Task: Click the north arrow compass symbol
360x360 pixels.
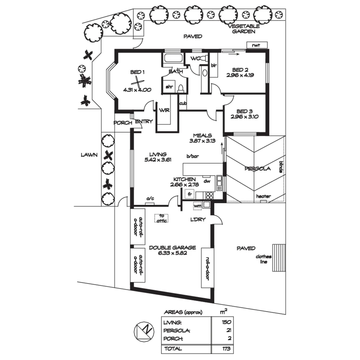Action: point(144,331)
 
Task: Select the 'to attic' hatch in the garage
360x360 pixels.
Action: point(161,218)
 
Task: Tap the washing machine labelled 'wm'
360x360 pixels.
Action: point(197,206)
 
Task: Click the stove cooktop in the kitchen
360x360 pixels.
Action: point(209,195)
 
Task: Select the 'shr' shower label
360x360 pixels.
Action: point(169,87)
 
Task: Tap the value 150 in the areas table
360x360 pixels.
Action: point(225,322)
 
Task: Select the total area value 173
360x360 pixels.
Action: point(225,349)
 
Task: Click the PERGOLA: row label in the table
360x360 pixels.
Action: point(177,331)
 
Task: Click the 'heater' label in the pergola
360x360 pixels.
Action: point(263,196)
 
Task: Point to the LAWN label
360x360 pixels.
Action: point(89,155)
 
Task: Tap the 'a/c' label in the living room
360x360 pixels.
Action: point(150,199)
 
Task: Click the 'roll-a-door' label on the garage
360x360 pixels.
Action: point(207,268)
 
